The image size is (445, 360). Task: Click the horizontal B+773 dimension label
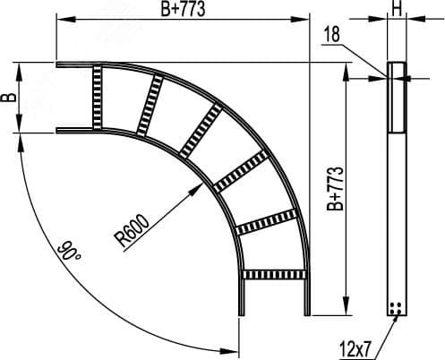(183, 9)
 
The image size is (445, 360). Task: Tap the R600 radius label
(133, 230)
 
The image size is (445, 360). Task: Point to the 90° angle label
(68, 251)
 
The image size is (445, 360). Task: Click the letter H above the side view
(397, 9)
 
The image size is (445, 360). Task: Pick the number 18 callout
(332, 34)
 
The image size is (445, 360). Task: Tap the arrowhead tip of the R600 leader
(202, 184)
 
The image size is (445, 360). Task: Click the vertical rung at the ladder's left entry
(97, 97)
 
